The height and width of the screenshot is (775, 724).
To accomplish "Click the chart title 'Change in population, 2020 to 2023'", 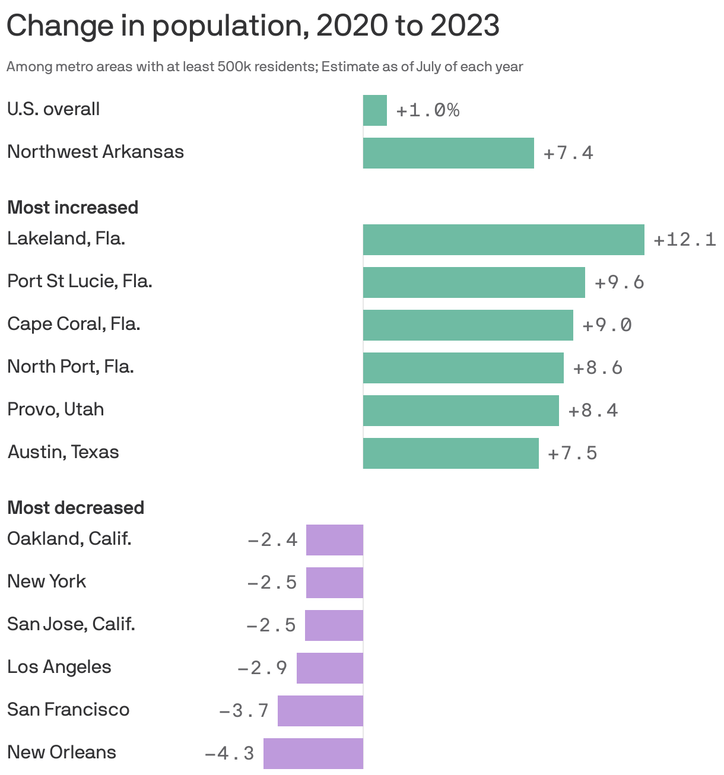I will point(253,26).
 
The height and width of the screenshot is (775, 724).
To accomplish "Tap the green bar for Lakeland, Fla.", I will point(503,240).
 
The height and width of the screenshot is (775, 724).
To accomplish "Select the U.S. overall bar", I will point(374,110).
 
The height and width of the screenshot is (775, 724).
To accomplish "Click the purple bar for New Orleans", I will point(313,754).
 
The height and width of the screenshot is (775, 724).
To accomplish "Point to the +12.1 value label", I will point(684,240).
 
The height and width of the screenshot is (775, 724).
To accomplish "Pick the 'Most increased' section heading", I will point(72,208).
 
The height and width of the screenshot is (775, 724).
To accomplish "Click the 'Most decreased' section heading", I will point(75,508).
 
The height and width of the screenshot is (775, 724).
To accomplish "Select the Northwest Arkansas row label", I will point(96,152).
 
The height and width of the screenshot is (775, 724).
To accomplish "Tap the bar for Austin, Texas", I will point(450,453).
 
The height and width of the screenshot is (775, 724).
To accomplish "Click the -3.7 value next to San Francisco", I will point(244,711).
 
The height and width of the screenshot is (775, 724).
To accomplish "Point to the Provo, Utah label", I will point(56,409).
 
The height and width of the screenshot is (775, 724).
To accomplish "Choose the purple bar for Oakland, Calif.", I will point(334,540).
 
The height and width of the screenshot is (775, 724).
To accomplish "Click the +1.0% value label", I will point(427,110).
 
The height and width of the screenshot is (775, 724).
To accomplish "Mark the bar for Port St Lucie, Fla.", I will point(474,282).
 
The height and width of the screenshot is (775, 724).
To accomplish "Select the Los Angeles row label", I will point(59,667).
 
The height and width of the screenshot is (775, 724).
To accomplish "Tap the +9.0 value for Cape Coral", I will point(607,325).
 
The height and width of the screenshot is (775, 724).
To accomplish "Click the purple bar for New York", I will point(334,583).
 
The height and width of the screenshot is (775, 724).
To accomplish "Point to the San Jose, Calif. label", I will point(71,624).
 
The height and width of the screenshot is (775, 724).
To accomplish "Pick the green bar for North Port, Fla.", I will point(463,368).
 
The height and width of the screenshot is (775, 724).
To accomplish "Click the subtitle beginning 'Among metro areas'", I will point(265,66).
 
